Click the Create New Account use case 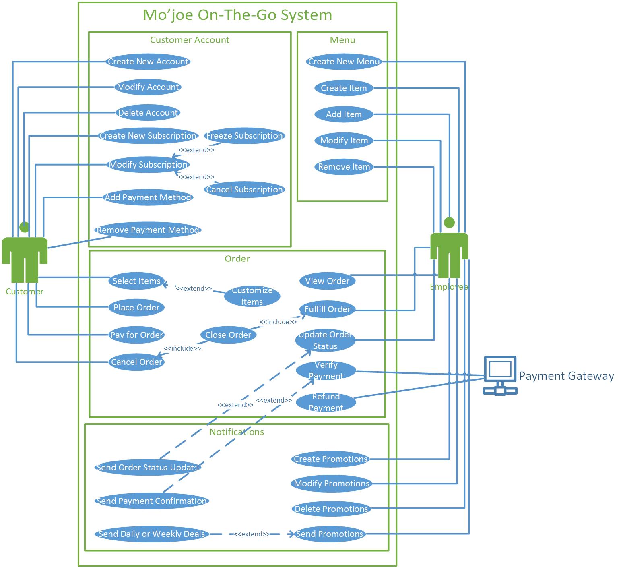[x=148, y=62]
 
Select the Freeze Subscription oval [x=244, y=136]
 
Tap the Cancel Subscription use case [x=244, y=190]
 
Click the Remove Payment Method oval [x=148, y=230]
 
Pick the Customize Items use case [x=252, y=296]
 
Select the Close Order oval [x=228, y=335]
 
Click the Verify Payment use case [x=326, y=370]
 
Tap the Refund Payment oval [x=326, y=402]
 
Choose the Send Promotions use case [x=330, y=534]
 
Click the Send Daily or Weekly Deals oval [x=152, y=534]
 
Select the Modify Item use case [x=344, y=141]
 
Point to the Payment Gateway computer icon [x=500, y=375]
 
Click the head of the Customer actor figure [x=25, y=227]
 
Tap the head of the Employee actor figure [x=449, y=222]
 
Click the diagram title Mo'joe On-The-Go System [x=237, y=15]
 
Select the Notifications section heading [x=237, y=432]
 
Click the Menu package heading [x=342, y=40]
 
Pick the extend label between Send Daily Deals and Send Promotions [x=252, y=534]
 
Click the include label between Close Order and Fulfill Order [x=278, y=322]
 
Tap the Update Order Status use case [x=325, y=340]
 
